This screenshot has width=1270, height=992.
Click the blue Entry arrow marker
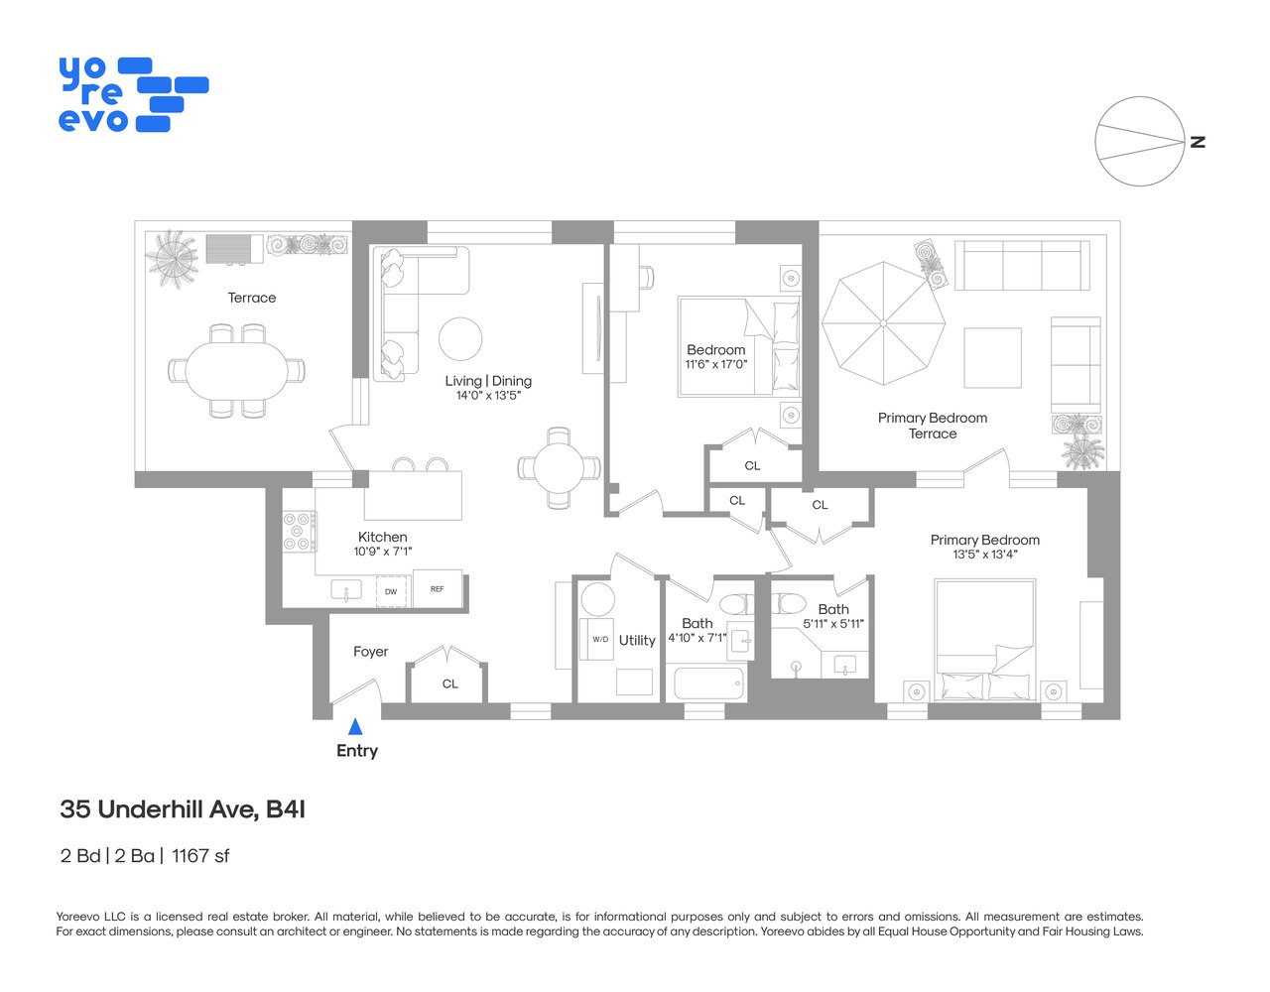tap(355, 726)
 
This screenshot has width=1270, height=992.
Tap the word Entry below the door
tap(357, 751)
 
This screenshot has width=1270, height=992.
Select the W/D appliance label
tap(600, 639)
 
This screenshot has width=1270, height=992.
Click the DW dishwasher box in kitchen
tap(391, 591)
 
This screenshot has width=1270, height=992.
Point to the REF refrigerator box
tap(438, 589)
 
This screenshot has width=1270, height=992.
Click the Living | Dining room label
tap(488, 381)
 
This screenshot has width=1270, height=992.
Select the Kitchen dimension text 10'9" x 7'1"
tap(383, 552)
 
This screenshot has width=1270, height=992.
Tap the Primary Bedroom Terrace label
tap(933, 426)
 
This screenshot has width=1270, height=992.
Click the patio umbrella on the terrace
tap(883, 322)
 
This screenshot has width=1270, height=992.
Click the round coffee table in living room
tap(460, 339)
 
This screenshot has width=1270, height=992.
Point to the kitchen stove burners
tap(299, 531)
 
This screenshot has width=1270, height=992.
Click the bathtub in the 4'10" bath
tap(708, 683)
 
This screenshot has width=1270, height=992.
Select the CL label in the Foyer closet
tap(450, 683)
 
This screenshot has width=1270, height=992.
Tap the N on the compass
tap(1198, 142)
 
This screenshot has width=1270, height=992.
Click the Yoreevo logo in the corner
tap(133, 95)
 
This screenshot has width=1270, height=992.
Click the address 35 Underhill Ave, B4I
tap(183, 809)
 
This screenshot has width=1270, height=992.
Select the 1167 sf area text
tap(200, 855)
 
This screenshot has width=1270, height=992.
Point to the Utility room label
tap(637, 641)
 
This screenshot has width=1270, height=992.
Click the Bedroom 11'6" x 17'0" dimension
tap(716, 364)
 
